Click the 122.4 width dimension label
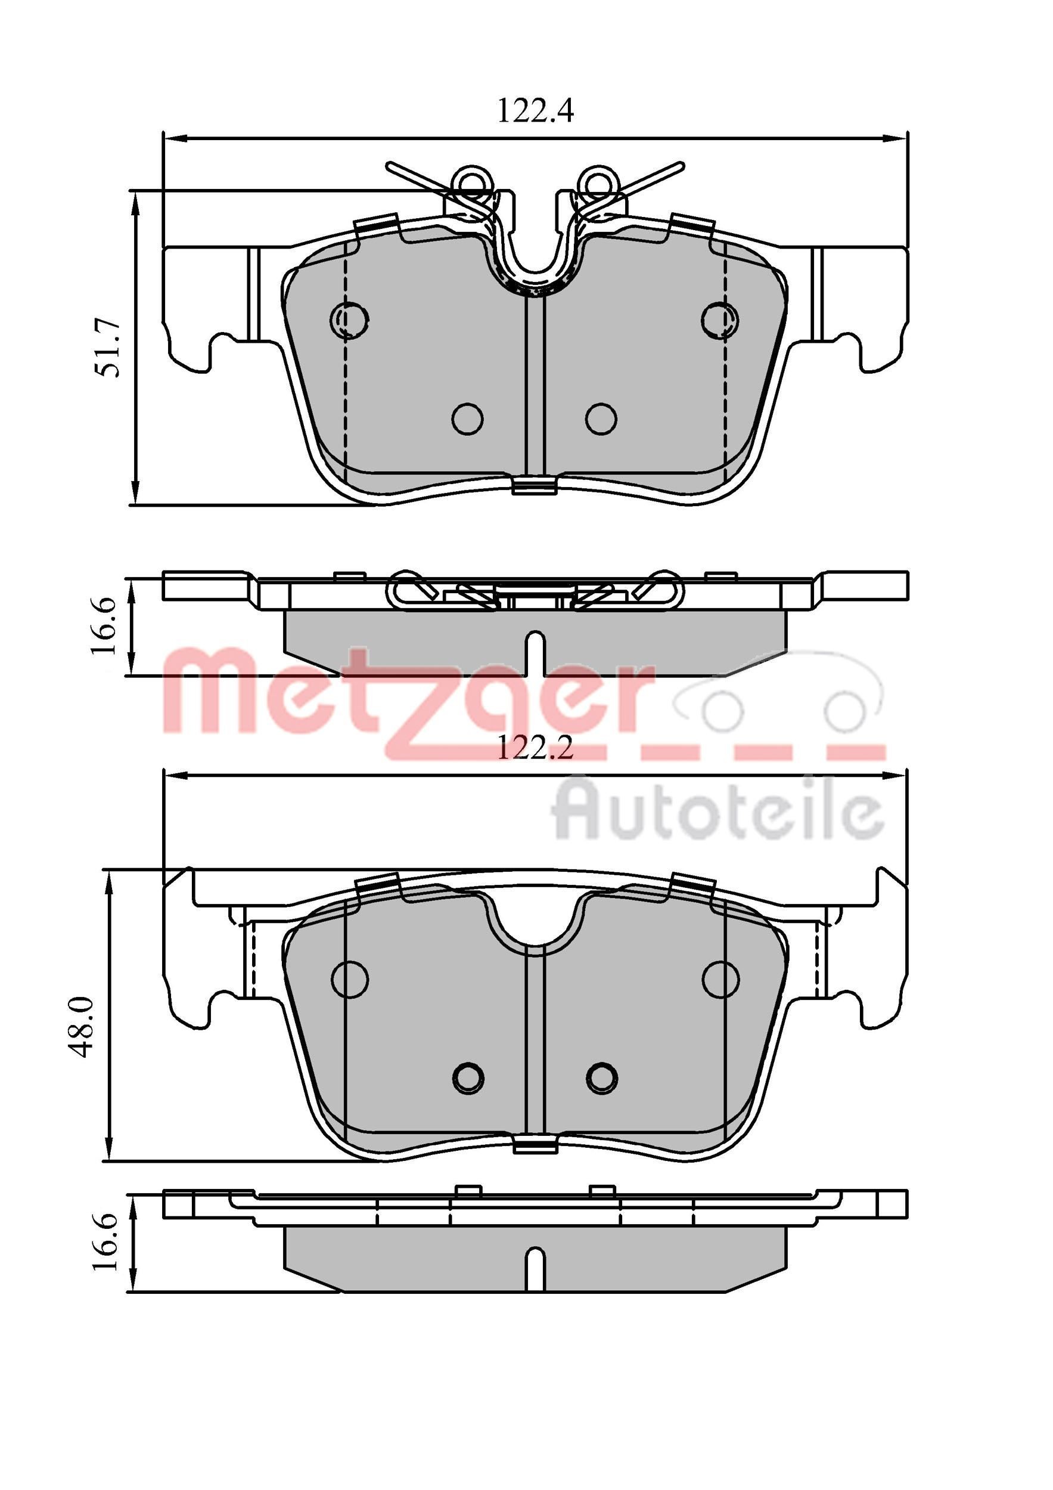[535, 111]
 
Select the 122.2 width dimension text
[535, 749]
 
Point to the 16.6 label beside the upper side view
[104, 626]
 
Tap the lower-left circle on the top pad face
[467, 419]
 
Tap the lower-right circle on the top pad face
[601, 419]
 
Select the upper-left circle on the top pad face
[350, 318]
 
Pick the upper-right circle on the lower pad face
[721, 977]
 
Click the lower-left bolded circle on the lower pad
[468, 1077]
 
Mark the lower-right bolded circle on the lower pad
[601, 1077]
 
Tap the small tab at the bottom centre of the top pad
[535, 486]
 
